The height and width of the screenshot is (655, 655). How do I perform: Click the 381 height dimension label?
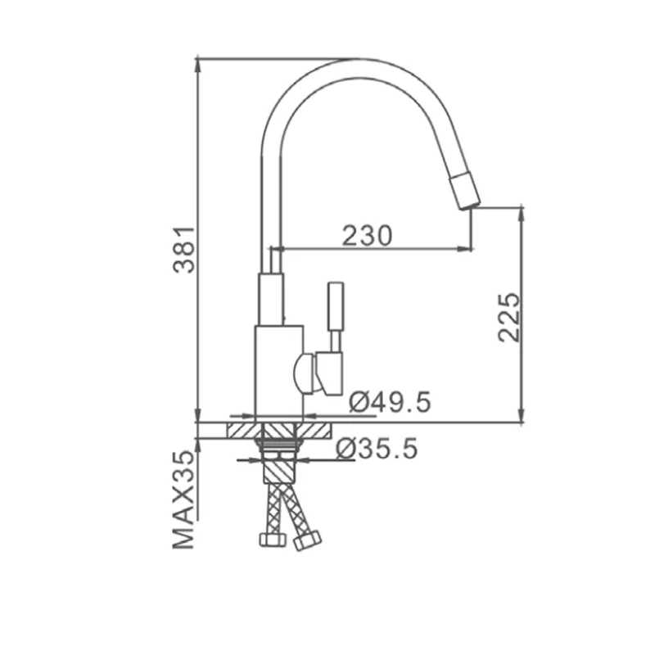pos(183,250)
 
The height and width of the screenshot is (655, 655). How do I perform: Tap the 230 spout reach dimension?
pos(368,236)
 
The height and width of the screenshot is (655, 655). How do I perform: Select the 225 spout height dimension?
pos(509,318)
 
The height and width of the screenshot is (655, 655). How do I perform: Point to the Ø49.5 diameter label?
pos(390,402)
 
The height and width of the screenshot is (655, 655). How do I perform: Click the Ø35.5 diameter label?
pos(377,449)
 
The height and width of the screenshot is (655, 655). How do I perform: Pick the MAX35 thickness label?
pos(183,499)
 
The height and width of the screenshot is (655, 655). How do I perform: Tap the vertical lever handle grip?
pos(336,306)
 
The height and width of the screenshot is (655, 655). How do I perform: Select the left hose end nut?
pos(273,540)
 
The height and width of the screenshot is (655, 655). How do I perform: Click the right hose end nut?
pos(308,540)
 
